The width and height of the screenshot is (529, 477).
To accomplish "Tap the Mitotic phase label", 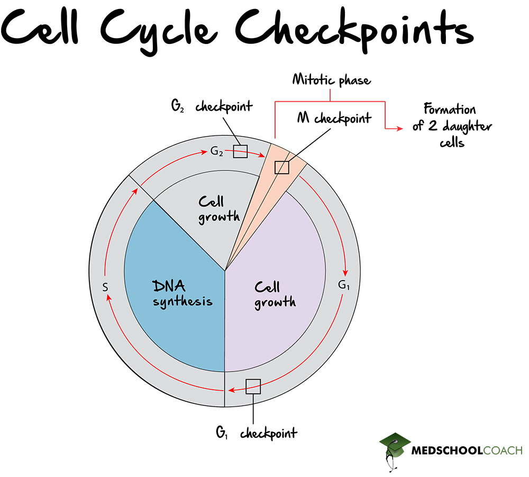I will click(332, 80).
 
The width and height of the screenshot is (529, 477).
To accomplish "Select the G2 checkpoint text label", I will click(212, 106).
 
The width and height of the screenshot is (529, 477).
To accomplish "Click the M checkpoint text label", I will click(334, 118).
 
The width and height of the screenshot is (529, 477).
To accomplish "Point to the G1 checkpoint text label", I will click(256, 433).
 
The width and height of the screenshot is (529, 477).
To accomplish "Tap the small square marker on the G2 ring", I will click(240, 151).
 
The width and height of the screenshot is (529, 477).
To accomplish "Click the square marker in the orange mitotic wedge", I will click(282, 167).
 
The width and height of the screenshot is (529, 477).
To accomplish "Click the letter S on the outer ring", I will click(105, 287).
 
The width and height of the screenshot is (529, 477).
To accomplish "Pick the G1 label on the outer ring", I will click(344, 285).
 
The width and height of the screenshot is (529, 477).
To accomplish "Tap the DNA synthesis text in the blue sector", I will click(183, 294).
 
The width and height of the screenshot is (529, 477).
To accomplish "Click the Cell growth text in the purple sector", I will click(275, 295).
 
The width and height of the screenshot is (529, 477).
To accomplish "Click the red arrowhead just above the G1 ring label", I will click(346, 267).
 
